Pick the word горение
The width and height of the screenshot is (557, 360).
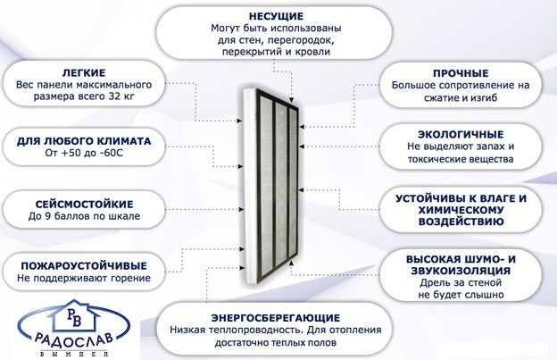click(128, 278)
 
